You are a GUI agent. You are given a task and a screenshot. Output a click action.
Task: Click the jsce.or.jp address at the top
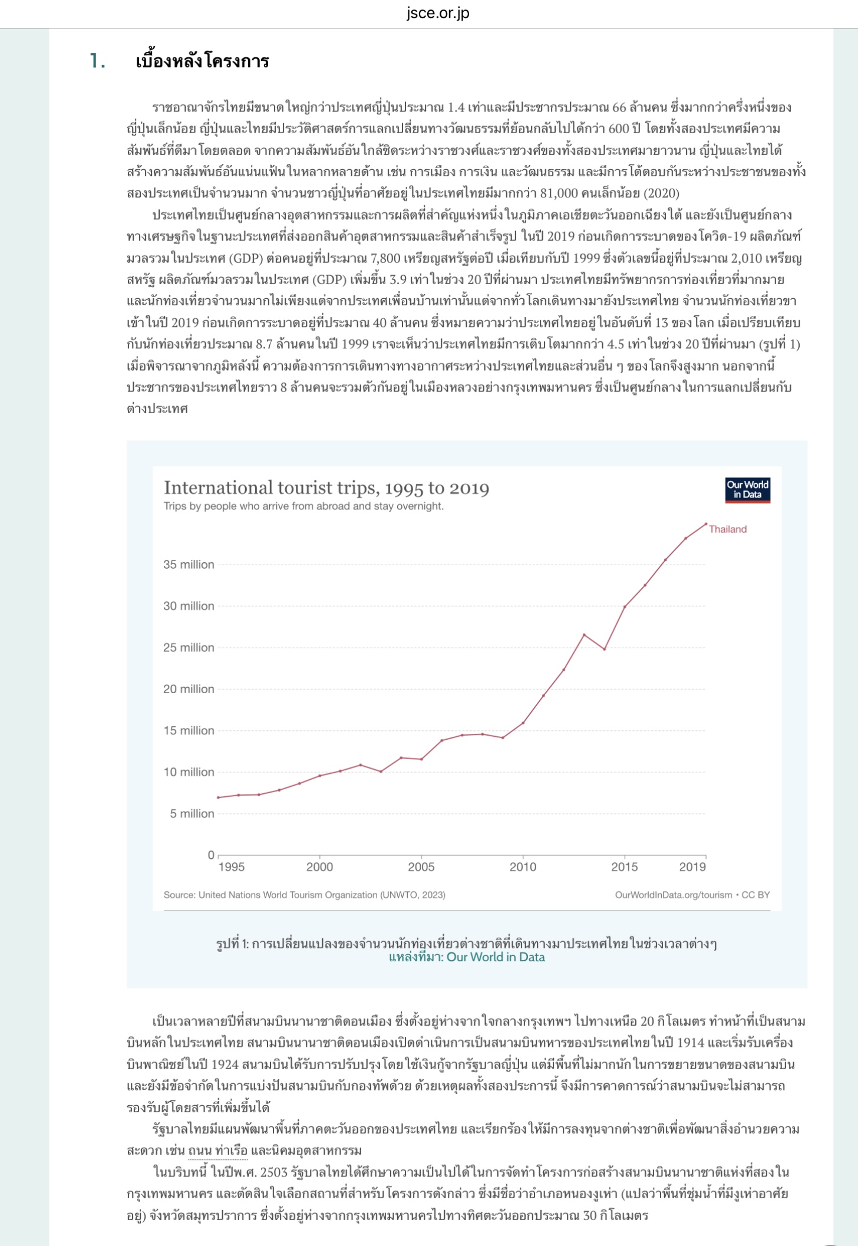pos(437,13)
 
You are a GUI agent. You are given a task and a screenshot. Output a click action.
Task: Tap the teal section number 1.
pos(98,61)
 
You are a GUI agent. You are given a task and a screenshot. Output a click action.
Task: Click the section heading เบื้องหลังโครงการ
pos(202,61)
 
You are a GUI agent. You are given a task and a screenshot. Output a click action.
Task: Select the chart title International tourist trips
pos(326,487)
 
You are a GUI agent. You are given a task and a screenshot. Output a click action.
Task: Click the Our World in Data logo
pos(747,490)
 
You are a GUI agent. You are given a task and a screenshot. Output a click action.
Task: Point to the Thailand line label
pos(728,529)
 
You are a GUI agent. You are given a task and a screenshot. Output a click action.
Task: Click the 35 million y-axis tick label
pos(189,565)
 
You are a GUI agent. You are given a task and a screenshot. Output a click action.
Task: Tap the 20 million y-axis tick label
pos(189,689)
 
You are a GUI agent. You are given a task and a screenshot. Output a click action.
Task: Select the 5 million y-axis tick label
pos(192,813)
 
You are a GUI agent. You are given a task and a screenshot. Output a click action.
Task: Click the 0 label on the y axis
pos(211,855)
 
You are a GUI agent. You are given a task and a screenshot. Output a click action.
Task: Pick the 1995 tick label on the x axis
pos(231,867)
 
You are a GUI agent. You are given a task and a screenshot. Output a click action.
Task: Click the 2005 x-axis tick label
pos(421,867)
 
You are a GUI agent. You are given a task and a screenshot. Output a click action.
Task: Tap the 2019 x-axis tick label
pos(692,867)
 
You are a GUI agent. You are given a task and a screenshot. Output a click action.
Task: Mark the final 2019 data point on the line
pos(706,523)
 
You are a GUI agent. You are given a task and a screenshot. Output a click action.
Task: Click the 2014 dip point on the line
pos(605,649)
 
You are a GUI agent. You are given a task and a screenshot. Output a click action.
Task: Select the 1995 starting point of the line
pos(218,797)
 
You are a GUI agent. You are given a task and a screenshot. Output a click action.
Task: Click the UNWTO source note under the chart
pos(304,895)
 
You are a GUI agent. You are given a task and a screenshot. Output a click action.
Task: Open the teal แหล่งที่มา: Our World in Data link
pos(466,957)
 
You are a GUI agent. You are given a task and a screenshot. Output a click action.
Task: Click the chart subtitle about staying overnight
pos(303,506)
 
